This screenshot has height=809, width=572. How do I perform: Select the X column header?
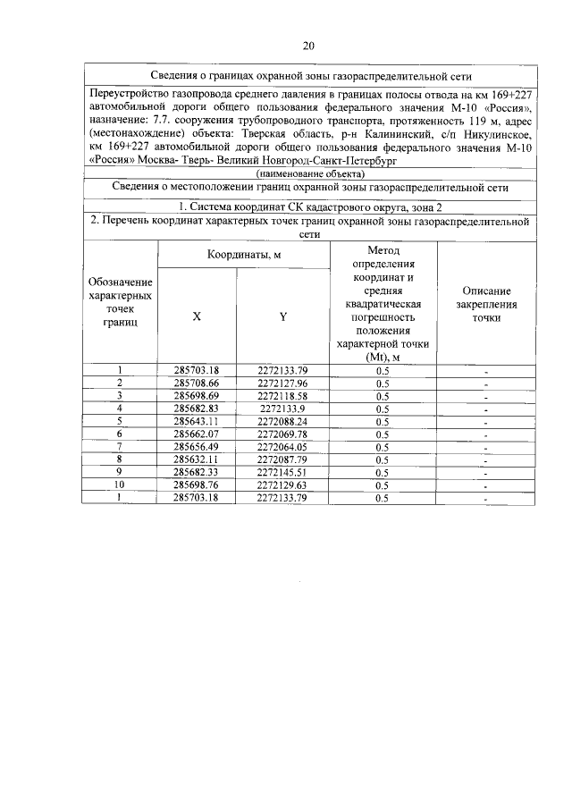[197, 315]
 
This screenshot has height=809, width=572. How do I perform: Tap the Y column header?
[282, 315]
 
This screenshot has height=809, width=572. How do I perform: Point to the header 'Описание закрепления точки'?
[486, 304]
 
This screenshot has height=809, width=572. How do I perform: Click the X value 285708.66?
[197, 383]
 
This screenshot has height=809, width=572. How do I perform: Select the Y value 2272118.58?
[282, 395]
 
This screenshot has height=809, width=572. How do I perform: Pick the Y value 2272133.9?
[282, 408]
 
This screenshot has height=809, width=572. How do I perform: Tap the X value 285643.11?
[197, 421]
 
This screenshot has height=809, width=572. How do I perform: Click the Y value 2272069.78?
[282, 434]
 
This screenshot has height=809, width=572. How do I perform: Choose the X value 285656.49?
[197, 447]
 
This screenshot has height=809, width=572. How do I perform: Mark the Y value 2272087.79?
[282, 459]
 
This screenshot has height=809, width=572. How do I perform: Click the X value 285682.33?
[197, 473]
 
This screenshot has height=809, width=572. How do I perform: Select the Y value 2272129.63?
[282, 485]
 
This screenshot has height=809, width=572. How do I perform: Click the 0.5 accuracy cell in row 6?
[383, 434]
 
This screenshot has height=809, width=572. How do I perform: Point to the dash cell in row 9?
[486, 473]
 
